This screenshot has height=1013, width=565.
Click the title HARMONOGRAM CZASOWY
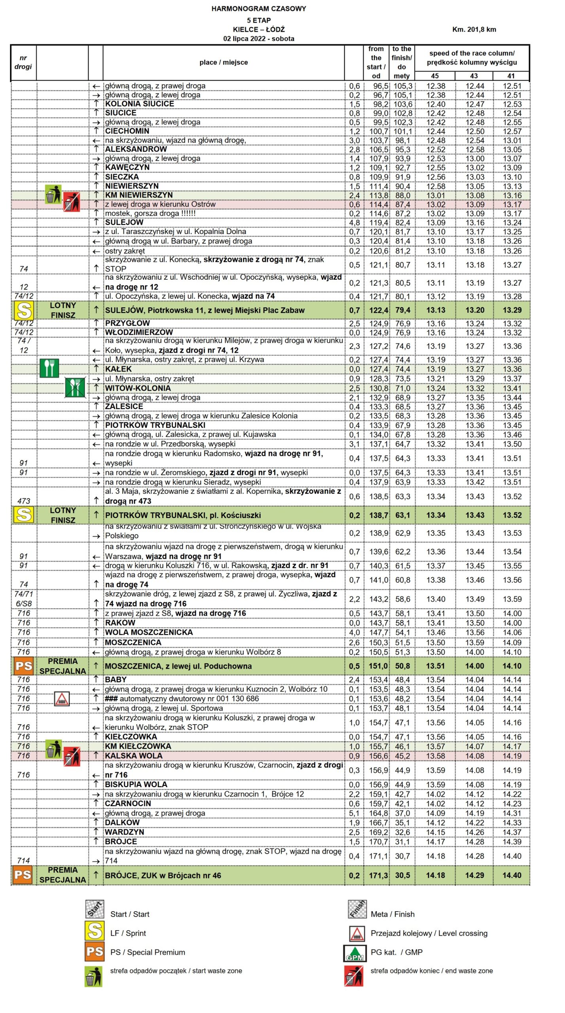(258, 8)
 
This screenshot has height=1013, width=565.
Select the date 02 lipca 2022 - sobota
(258, 38)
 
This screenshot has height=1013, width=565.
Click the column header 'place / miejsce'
(224, 62)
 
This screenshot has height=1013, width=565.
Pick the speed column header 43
(474, 76)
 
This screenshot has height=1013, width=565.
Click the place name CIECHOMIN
(127, 131)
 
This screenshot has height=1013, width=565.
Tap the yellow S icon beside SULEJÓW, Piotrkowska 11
(23, 310)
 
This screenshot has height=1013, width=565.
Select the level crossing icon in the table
(62, 698)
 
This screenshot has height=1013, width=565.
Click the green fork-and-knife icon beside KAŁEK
(49, 368)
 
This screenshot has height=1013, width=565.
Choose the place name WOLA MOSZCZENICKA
(149, 632)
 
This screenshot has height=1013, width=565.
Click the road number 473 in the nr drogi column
(24, 501)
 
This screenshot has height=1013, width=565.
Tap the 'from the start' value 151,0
(378, 666)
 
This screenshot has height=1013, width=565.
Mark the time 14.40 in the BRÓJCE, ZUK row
(512, 875)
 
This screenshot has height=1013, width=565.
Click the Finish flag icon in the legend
(357, 909)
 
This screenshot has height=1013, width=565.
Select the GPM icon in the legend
(355, 952)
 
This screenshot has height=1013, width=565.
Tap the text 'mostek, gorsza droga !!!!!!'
(150, 213)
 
